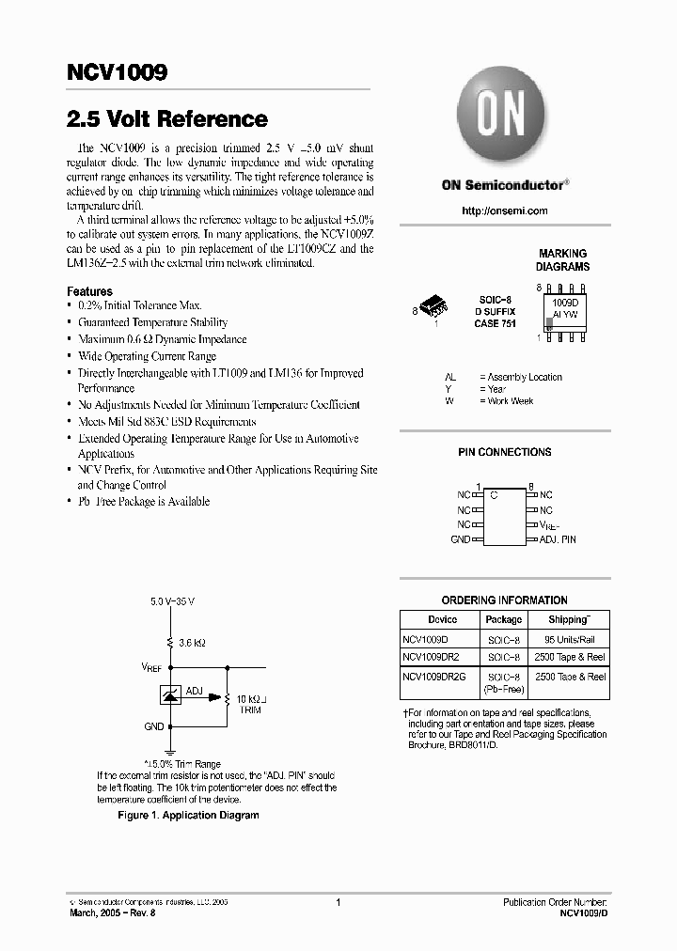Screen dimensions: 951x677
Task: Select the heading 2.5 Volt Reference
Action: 167,119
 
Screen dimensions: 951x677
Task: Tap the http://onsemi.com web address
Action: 504,210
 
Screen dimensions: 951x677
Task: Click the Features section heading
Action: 89,291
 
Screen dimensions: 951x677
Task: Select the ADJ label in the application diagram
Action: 194,691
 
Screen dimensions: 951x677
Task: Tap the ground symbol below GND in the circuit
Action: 170,750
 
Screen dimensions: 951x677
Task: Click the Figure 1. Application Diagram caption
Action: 188,816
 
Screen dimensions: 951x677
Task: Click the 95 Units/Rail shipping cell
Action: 570,639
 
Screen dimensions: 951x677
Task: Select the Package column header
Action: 503,619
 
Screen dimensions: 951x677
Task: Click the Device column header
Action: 442,619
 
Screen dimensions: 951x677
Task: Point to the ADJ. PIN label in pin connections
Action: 558,539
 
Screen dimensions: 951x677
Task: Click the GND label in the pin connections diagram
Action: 460,539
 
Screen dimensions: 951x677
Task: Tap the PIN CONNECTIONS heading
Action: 504,452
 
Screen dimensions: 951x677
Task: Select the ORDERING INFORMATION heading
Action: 504,600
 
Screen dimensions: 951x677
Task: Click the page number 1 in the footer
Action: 338,902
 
